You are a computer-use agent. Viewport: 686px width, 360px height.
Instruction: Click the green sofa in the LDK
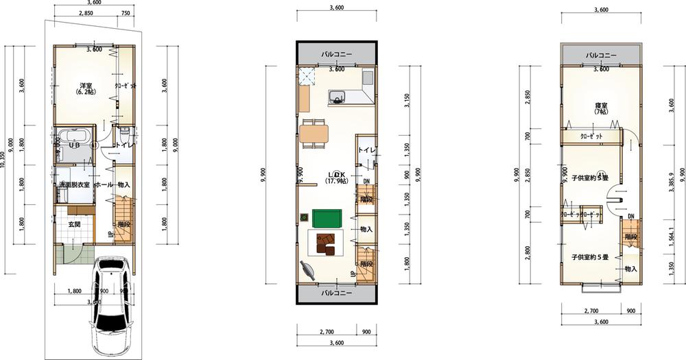pyautogui.click(x=327, y=218)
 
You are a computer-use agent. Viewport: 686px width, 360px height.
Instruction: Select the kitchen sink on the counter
pyautogui.click(x=338, y=95)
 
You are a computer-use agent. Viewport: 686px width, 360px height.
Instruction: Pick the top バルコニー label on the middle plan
pyautogui.click(x=336, y=54)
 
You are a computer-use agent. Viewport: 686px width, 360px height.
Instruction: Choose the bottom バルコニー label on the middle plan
pyautogui.click(x=336, y=292)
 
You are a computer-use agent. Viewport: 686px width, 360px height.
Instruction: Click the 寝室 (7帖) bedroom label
pyautogui.click(x=601, y=108)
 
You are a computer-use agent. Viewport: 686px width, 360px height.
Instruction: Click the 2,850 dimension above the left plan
pyautogui.click(x=86, y=13)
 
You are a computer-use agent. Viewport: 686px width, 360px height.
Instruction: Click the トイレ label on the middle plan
pyautogui.click(x=366, y=151)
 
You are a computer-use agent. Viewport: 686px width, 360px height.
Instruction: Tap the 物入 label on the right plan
pyautogui.click(x=630, y=269)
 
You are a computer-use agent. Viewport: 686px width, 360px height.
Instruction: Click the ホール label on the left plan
pyautogui.click(x=102, y=184)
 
